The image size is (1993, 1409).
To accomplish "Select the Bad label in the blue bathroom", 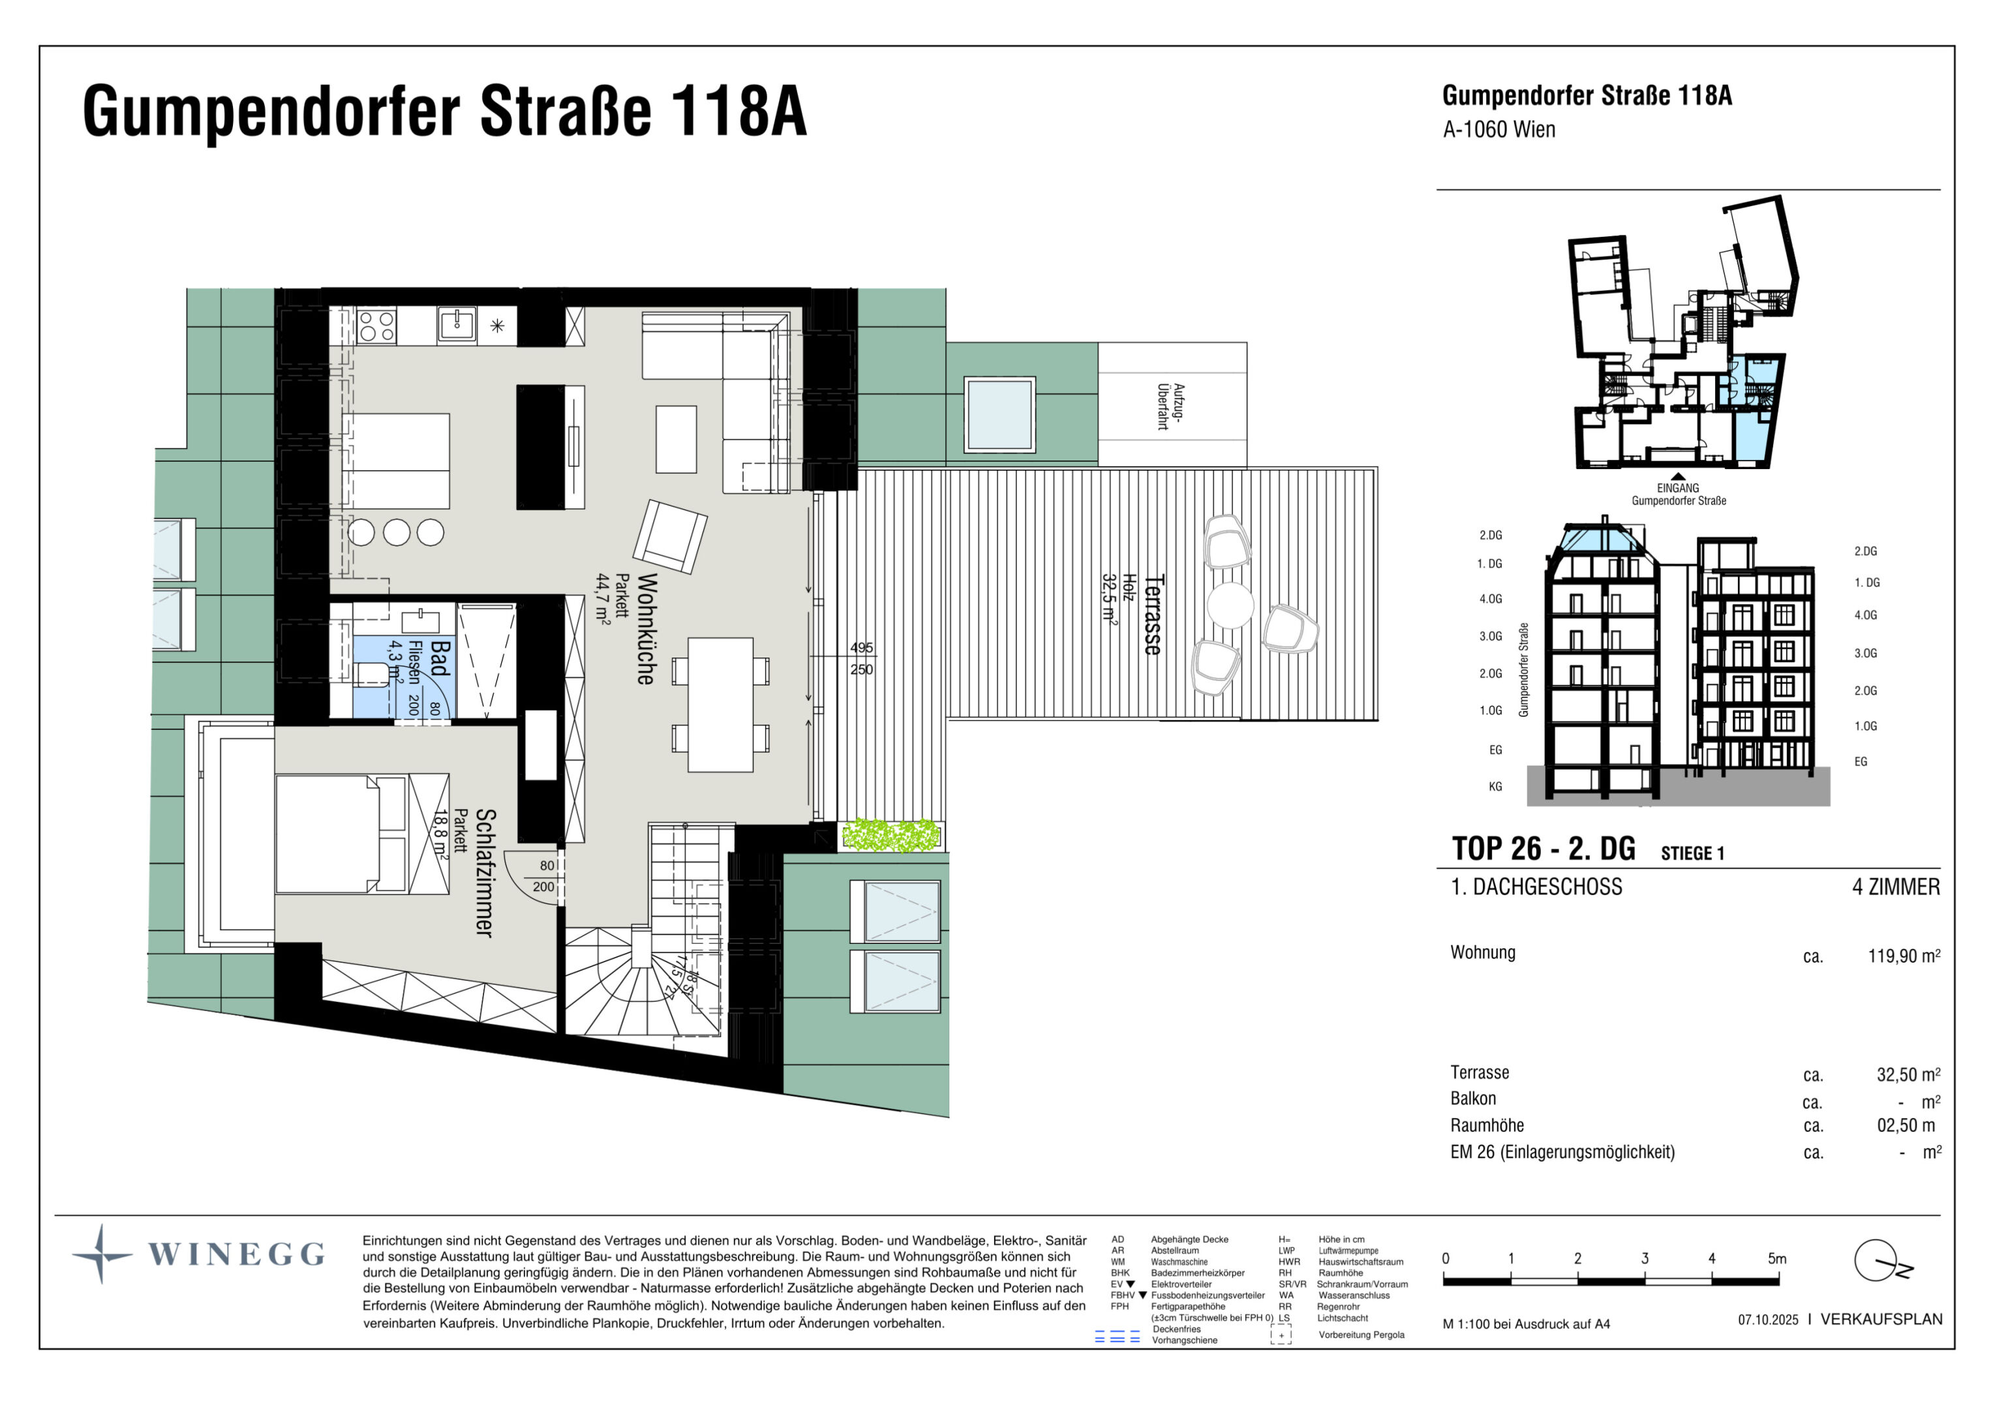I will click(x=440, y=658).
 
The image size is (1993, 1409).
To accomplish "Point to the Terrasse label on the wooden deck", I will click(x=1153, y=614).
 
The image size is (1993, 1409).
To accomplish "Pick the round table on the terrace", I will click(x=1230, y=604).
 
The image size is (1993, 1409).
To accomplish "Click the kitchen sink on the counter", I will click(x=457, y=325).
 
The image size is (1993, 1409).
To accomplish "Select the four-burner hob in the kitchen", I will click(x=376, y=326).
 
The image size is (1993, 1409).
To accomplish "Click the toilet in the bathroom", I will click(x=371, y=674).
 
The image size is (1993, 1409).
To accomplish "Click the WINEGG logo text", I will click(x=236, y=1254).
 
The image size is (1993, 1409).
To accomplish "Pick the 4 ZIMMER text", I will click(x=1896, y=887).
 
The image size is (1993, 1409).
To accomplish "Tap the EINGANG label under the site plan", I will click(x=1678, y=488).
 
